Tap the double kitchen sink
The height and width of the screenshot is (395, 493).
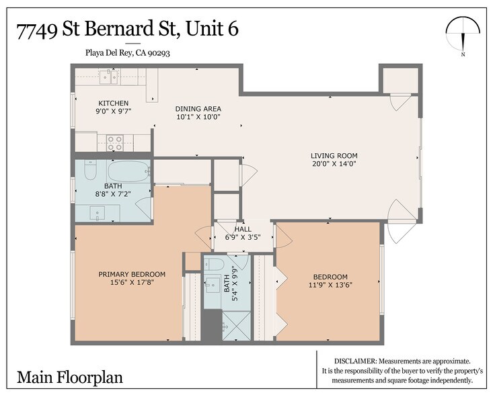[x=108, y=77]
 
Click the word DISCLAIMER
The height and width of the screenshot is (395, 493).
[x=358, y=361]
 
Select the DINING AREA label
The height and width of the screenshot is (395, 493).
[x=198, y=109]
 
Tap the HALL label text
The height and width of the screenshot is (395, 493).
[x=243, y=229]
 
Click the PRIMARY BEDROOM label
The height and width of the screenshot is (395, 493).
[x=132, y=274]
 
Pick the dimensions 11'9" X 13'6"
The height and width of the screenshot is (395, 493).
[x=330, y=285]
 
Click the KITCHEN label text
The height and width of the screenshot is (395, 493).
[x=113, y=103]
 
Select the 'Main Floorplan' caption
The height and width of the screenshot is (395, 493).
[x=61, y=376]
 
